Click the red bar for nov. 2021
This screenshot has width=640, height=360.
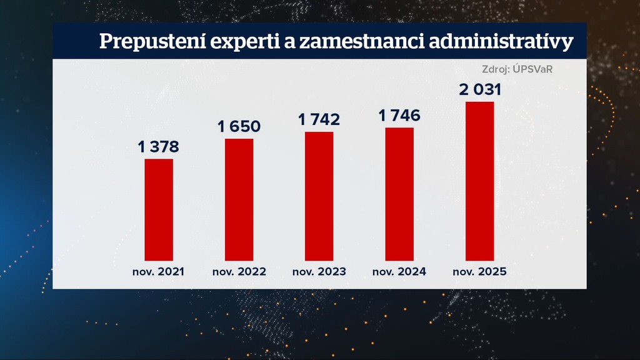click(159, 209)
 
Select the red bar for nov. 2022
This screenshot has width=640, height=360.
click(239, 199)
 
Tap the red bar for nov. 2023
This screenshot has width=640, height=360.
click(319, 196)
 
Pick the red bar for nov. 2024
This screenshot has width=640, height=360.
click(399, 194)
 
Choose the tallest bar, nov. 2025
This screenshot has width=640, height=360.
click(479, 181)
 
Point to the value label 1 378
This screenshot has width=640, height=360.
click(159, 147)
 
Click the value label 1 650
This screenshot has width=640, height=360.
click(239, 126)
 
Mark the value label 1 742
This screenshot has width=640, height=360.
click(319, 119)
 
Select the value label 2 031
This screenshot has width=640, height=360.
click(480, 89)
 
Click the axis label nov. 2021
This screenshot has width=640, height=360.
click(159, 272)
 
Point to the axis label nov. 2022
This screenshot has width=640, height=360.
click(239, 272)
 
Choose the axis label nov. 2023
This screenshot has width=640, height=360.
click(319, 272)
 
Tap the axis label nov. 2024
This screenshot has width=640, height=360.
click(399, 272)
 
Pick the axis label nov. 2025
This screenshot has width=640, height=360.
click(479, 272)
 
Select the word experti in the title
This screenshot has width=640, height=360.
click(231, 42)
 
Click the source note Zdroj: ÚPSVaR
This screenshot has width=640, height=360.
click(517, 69)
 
